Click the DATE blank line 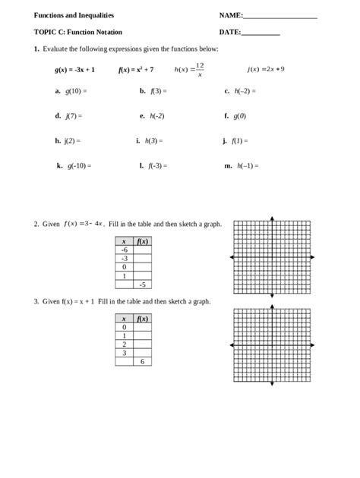(261, 33)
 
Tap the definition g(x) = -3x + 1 (74, 69)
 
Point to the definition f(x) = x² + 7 (136, 69)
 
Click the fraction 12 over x (200, 70)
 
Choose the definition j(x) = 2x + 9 (266, 69)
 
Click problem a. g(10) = (71, 91)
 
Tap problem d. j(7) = (68, 116)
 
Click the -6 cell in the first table (124, 249)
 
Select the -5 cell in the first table (143, 284)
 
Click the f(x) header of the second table (143, 319)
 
